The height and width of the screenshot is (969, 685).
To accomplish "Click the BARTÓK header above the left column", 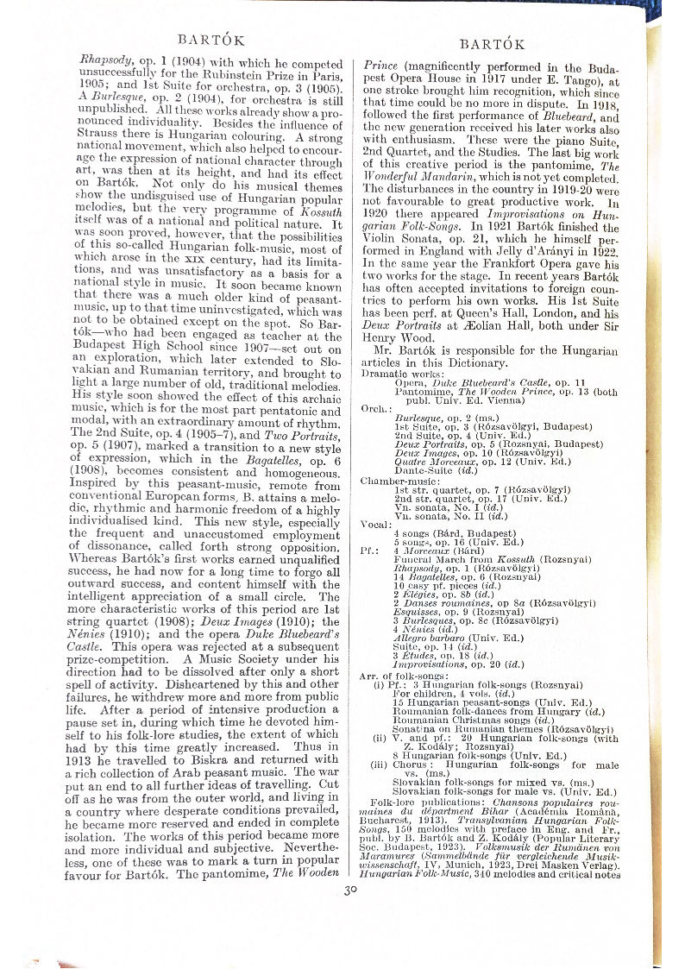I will (210, 39).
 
